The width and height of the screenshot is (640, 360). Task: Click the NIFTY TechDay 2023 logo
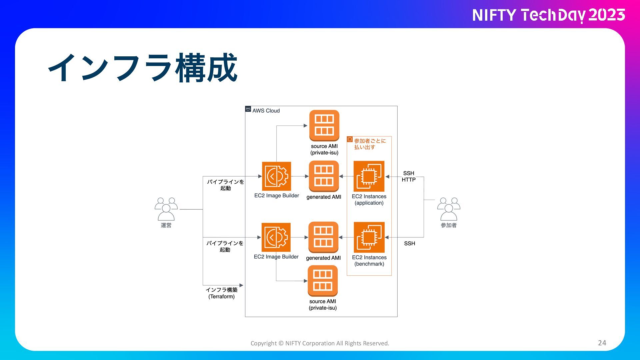[x=548, y=15]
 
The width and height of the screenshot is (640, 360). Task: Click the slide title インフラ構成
[x=143, y=68]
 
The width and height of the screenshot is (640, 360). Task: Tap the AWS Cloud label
[x=266, y=111]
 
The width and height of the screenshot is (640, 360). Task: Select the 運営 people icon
[x=166, y=209]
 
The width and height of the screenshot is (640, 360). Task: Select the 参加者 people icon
[x=449, y=209]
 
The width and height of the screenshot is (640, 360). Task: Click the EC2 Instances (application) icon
[x=369, y=176]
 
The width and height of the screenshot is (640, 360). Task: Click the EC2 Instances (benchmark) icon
[x=369, y=237]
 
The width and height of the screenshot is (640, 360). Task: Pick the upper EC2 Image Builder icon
[x=276, y=176]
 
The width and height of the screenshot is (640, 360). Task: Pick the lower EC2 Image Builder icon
[x=276, y=237]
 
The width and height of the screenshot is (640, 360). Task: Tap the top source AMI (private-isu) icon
[x=324, y=126]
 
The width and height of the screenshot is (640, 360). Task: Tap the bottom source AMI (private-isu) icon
[x=322, y=281]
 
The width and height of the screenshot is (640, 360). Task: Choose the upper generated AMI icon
[x=324, y=176]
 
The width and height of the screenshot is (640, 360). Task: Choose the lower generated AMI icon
[x=323, y=237]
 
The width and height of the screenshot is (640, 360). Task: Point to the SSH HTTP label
[x=408, y=176]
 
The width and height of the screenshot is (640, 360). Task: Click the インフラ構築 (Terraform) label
[x=222, y=293]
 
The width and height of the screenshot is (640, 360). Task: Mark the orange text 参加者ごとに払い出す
[x=369, y=144]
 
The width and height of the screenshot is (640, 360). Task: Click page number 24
[x=602, y=343]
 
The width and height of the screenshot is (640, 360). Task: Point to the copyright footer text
[x=320, y=343]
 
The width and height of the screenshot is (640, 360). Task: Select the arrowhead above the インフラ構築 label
[x=241, y=285]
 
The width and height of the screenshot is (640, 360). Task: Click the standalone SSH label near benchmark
[x=409, y=243]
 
